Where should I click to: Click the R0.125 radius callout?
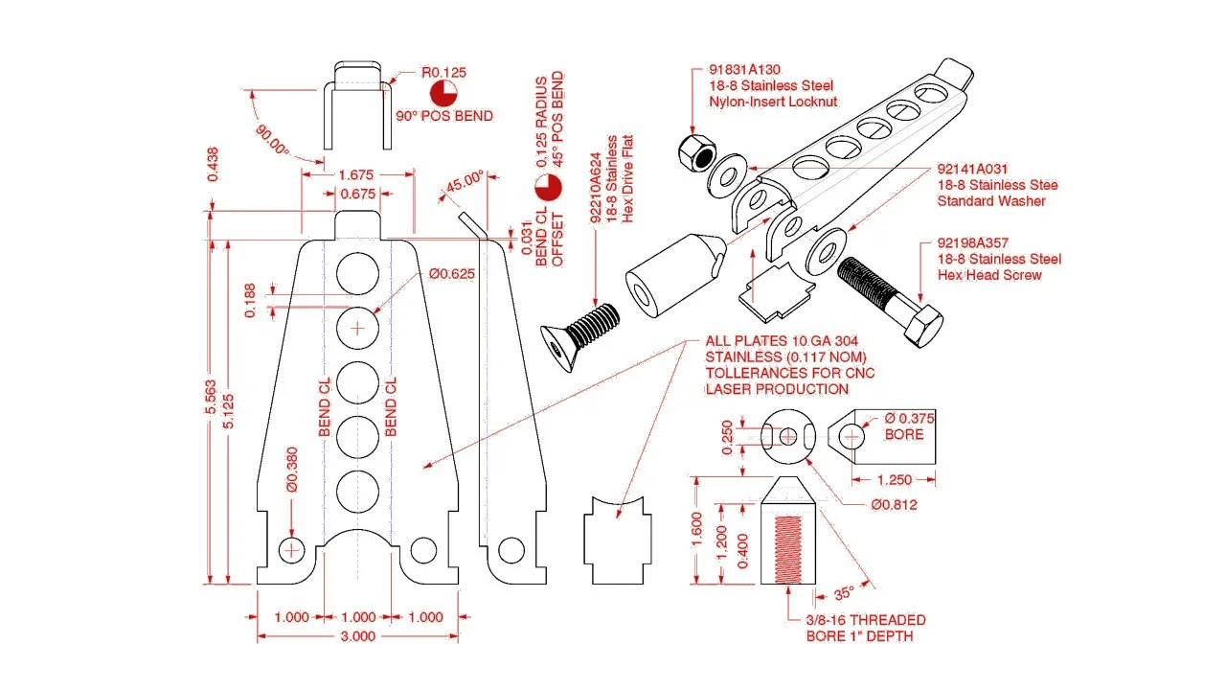tap(443, 72)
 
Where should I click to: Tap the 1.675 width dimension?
tap(356, 175)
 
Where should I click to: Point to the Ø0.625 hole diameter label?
tap(452, 274)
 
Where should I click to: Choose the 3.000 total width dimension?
tap(357, 636)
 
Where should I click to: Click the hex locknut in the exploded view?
tap(697, 150)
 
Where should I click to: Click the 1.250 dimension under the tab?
tap(894, 479)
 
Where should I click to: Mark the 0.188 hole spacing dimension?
tap(249, 298)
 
